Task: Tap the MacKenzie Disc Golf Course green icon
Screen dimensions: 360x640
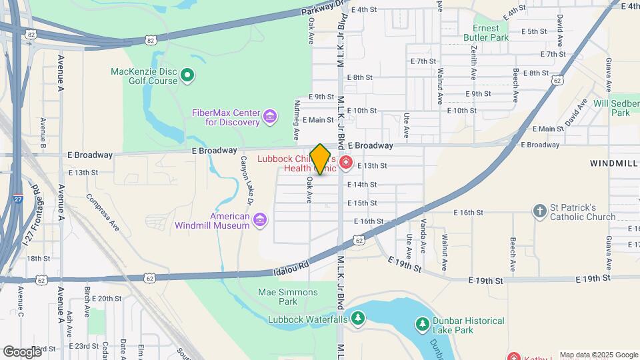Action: pyautogui.click(x=187, y=75)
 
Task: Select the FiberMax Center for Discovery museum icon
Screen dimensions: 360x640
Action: pyautogui.click(x=269, y=117)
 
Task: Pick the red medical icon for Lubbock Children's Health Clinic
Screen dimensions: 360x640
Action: pyautogui.click(x=345, y=163)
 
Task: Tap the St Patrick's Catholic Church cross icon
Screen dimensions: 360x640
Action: pyautogui.click(x=540, y=211)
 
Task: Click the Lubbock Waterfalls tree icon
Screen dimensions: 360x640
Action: pyautogui.click(x=358, y=319)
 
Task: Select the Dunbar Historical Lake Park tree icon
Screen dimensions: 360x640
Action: pyautogui.click(x=421, y=325)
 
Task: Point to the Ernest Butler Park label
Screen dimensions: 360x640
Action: pyautogui.click(x=491, y=33)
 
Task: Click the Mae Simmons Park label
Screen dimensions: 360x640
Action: pyautogui.click(x=288, y=297)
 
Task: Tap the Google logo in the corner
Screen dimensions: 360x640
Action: pyautogui.click(x=22, y=351)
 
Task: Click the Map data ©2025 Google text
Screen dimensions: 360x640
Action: pyautogui.click(x=598, y=355)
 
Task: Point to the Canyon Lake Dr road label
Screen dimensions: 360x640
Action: pyautogui.click(x=247, y=181)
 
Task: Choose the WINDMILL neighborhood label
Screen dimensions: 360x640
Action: pyautogui.click(x=613, y=163)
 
